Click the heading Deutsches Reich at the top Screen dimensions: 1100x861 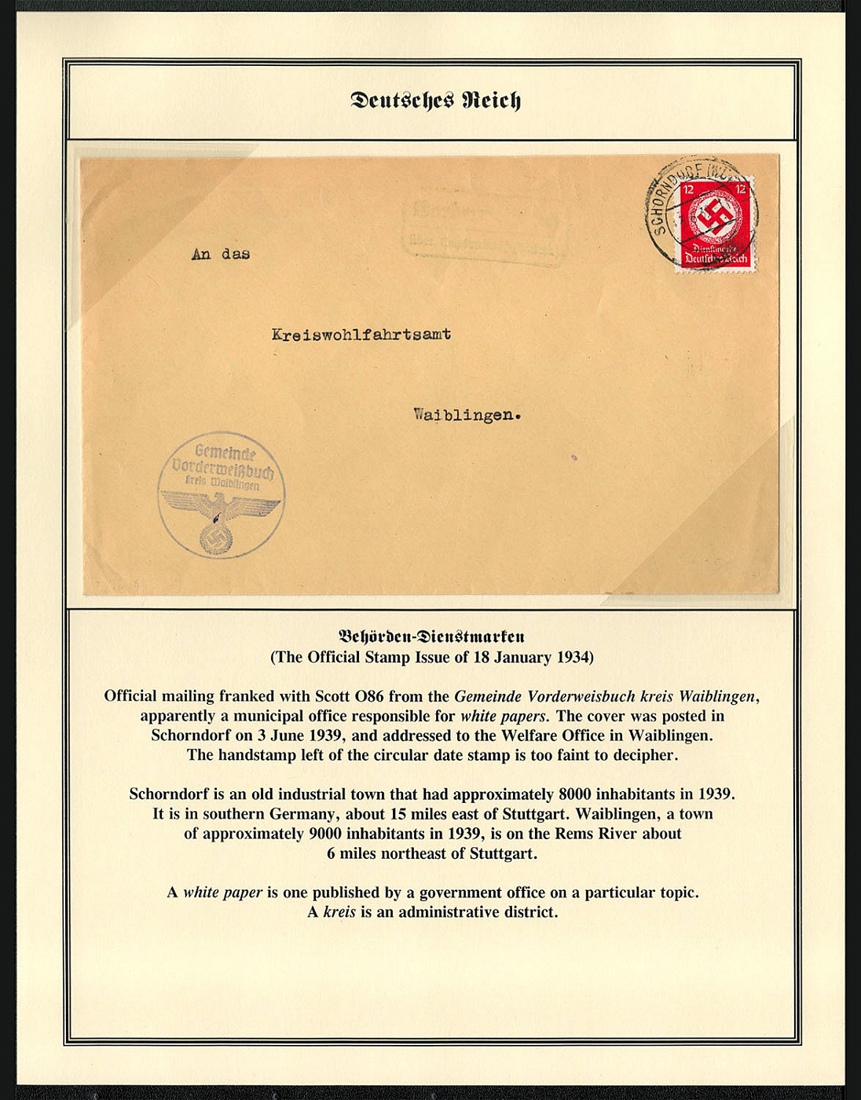click(x=435, y=101)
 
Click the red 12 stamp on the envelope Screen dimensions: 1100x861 click(x=715, y=224)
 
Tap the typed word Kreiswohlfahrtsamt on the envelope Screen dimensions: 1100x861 click(x=361, y=334)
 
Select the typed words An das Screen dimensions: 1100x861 click(x=221, y=254)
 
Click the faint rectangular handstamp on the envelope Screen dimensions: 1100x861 click(x=483, y=229)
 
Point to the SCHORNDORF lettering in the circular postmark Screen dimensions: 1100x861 click(x=668, y=196)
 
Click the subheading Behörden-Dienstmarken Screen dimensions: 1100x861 click(x=431, y=636)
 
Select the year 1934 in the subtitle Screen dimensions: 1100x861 click(x=575, y=657)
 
